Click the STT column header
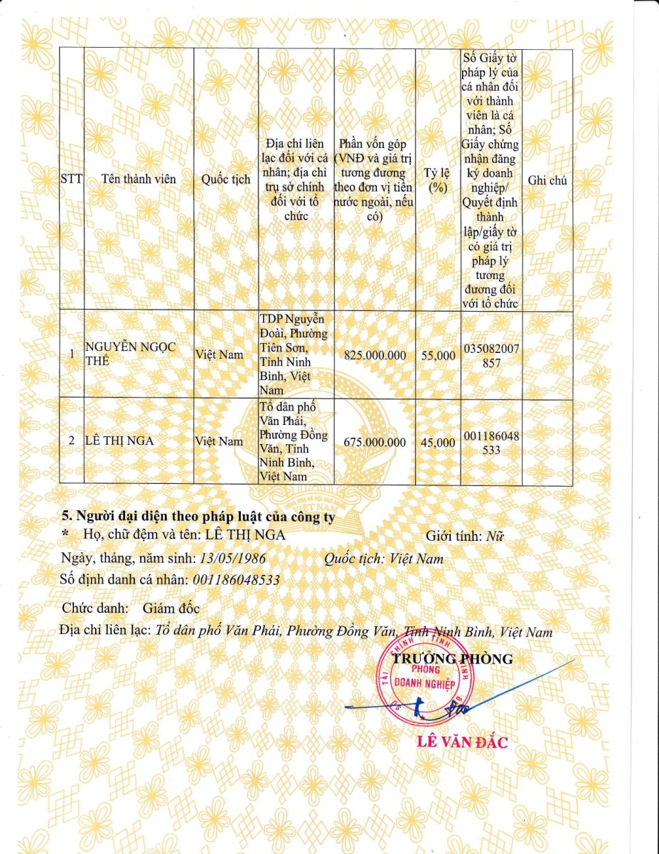(71, 179)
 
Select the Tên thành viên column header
(139, 179)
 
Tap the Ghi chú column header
(547, 181)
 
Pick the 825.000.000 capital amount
(375, 354)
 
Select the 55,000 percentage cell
(438, 354)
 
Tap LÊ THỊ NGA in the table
(119, 441)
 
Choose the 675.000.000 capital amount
(375, 442)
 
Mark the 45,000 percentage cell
(438, 442)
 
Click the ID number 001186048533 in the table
(491, 443)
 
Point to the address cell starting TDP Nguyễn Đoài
(293, 354)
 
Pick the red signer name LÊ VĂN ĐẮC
(463, 743)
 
